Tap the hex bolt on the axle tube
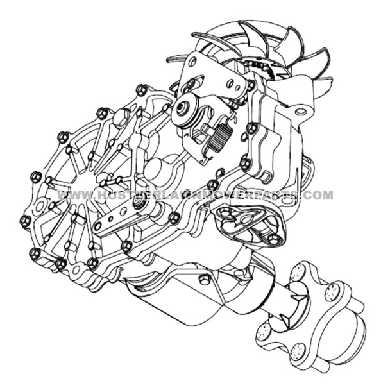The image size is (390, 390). tap(203, 280)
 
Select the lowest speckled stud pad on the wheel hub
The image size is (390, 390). tap(298, 349)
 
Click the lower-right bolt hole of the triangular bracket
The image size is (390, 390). tap(275, 239)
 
